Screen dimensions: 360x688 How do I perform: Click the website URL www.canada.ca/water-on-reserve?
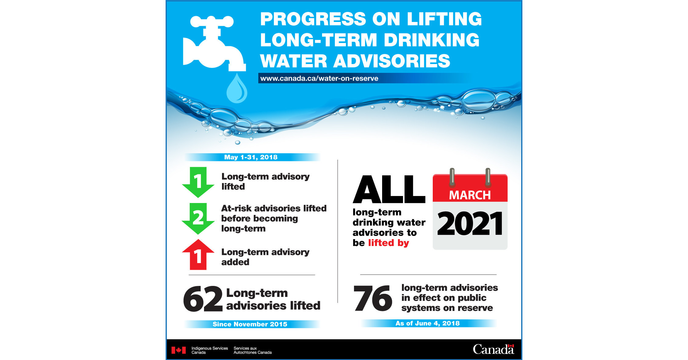(319, 78)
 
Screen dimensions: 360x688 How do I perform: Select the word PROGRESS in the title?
(313, 19)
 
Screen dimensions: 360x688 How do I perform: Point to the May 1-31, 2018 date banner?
(251, 157)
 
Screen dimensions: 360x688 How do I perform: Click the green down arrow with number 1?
(198, 182)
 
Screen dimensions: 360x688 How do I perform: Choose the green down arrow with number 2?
(198, 218)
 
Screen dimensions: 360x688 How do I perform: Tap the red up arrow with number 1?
(198, 255)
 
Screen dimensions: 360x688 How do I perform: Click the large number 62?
(203, 299)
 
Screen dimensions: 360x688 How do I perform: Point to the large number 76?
(373, 298)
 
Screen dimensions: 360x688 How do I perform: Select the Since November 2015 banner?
(250, 324)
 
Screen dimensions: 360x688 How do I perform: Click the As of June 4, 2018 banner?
(428, 323)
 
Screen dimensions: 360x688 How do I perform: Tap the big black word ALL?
(389, 189)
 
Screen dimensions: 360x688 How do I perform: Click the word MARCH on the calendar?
(470, 195)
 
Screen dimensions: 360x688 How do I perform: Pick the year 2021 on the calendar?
(470, 224)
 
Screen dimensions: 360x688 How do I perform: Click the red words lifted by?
(389, 243)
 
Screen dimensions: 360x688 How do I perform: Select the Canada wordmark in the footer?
(493, 349)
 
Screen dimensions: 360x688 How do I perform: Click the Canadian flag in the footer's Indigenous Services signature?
(178, 350)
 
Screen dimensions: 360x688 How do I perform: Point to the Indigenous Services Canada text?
(210, 350)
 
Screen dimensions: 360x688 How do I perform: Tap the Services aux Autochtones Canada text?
(252, 350)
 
